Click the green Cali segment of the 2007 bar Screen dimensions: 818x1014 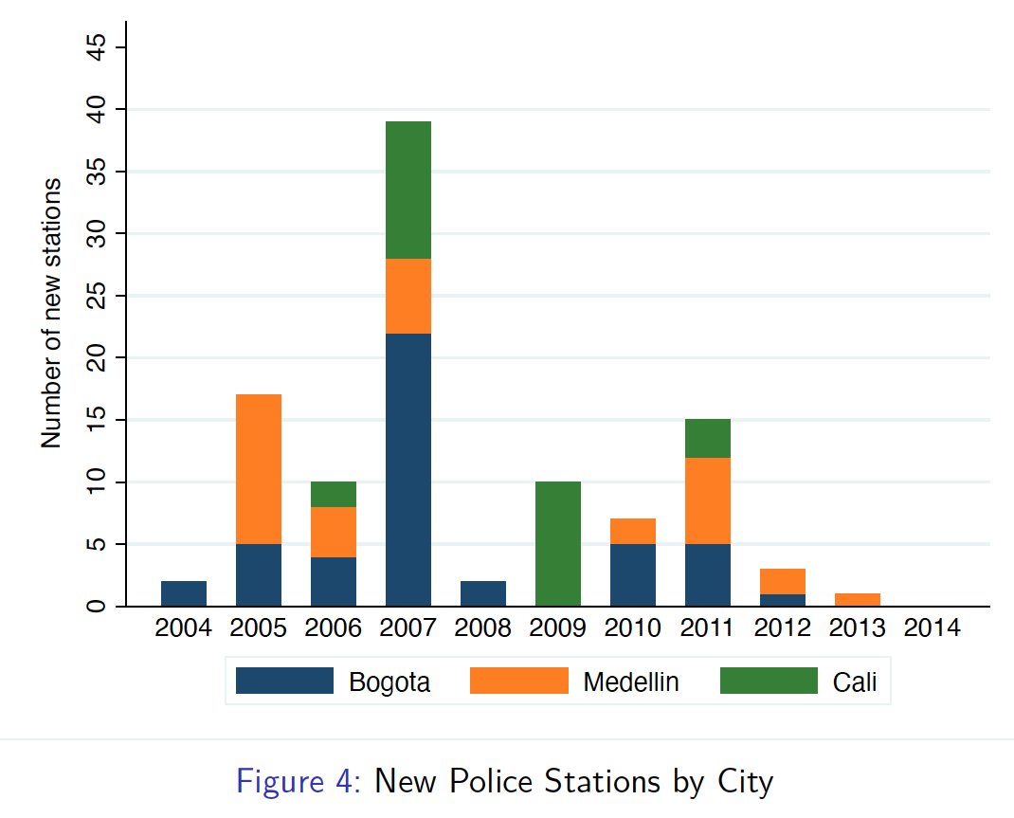(408, 190)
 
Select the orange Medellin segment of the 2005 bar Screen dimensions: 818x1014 (259, 469)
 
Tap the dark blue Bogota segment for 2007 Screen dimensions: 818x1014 (408, 469)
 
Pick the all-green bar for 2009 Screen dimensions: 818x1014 (558, 544)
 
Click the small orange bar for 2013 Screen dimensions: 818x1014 (858, 600)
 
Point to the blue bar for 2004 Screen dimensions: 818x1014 (184, 593)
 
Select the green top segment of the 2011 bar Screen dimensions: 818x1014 (708, 438)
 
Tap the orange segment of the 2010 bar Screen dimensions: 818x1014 (633, 531)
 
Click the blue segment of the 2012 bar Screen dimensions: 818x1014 (783, 600)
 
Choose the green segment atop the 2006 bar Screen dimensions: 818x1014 (334, 494)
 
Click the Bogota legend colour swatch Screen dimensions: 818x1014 (284, 681)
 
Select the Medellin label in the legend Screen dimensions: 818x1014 (631, 682)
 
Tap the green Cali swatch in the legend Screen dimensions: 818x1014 (768, 681)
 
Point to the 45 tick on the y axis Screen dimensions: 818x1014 (96, 48)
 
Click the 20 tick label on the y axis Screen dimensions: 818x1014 (96, 358)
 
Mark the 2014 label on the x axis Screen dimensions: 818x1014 (933, 628)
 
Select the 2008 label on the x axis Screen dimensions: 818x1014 (483, 628)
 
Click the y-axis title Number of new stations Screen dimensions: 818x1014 (52, 313)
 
